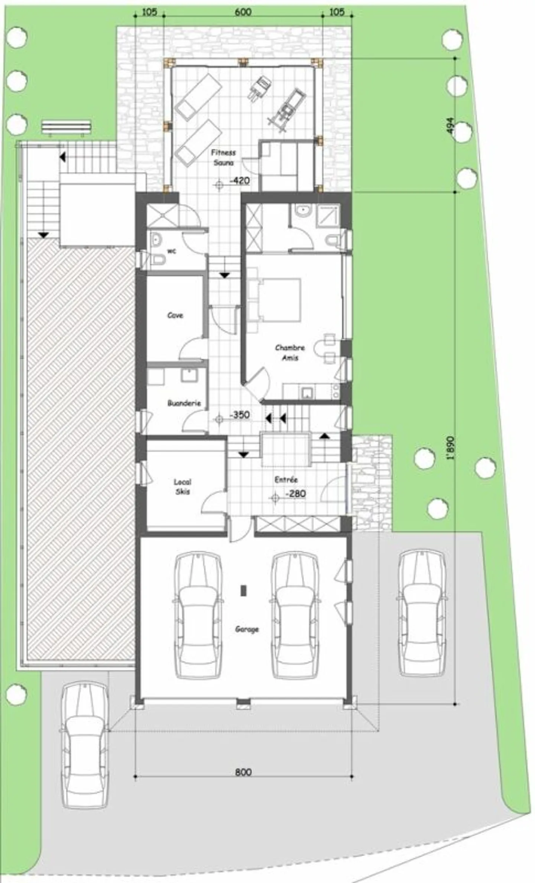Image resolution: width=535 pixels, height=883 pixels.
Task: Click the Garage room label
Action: pos(247,629)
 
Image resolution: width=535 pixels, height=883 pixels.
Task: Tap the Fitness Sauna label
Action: pos(223,158)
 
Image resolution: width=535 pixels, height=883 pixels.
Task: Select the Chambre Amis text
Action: pos(290,352)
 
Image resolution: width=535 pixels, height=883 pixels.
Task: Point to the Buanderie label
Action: pos(184,403)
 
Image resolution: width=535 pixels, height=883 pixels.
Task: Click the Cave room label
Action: pos(175,315)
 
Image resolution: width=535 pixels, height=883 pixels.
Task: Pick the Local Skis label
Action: pos(182,487)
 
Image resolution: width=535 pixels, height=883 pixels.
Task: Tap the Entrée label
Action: pos(286,480)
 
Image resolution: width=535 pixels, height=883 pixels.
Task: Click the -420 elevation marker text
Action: pos(240,181)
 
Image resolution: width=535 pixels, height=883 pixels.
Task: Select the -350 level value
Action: pos(240,415)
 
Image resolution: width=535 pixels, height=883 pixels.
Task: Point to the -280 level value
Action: pos(295,494)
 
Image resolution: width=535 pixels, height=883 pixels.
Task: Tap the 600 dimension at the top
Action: pos(243,12)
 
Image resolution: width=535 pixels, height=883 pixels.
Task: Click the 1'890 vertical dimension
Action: pos(451,448)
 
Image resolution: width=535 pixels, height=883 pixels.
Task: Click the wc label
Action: pos(171,251)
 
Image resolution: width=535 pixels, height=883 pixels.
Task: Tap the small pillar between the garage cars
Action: pos(243,590)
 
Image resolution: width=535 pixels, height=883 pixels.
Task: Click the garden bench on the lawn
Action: pos(67,127)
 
